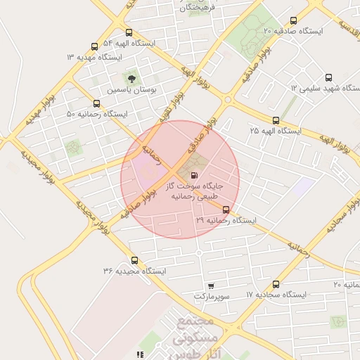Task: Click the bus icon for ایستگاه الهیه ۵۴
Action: pyautogui.click(x=128, y=32)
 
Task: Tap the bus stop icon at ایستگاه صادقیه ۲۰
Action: pyautogui.click(x=293, y=20)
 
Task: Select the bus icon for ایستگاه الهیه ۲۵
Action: pyautogui.click(x=276, y=120)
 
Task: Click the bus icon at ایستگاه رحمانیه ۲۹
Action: pyautogui.click(x=226, y=210)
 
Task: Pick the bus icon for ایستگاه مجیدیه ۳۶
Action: pyautogui.click(x=134, y=259)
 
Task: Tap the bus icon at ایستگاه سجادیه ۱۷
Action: pyautogui.click(x=276, y=285)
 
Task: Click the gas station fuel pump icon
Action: pyautogui.click(x=194, y=175)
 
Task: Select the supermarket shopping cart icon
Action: pyautogui.click(x=210, y=286)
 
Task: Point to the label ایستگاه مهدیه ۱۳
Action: pyautogui.click(x=94, y=56)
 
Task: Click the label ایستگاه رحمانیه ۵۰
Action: pyautogui.click(x=97, y=113)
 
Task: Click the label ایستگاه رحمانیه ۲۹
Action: pyautogui.click(x=226, y=220)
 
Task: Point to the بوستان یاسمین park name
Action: pyautogui.click(x=133, y=91)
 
